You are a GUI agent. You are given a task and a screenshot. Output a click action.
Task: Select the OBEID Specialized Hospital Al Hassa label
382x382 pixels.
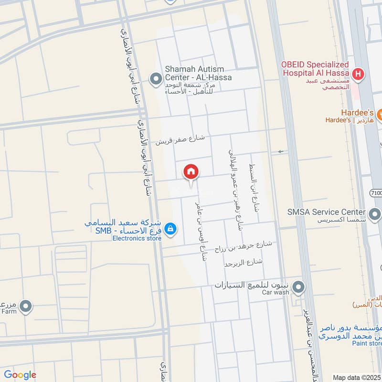315,69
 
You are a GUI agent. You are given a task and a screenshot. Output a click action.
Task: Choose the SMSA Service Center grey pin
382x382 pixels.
375,212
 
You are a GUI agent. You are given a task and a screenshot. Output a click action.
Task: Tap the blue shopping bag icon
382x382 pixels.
170,230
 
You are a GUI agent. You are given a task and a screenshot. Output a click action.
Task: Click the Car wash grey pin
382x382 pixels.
298,287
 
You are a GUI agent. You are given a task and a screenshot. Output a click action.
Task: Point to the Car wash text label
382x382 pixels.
276,292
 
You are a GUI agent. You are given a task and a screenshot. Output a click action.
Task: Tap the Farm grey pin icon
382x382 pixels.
25,306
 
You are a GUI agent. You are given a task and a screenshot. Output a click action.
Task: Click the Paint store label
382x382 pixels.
367,343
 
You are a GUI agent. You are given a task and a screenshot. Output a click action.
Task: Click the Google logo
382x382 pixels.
20,375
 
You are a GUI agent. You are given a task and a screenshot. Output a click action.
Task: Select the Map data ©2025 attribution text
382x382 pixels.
357,377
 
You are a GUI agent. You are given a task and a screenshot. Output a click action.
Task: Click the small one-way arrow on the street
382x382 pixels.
280,152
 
